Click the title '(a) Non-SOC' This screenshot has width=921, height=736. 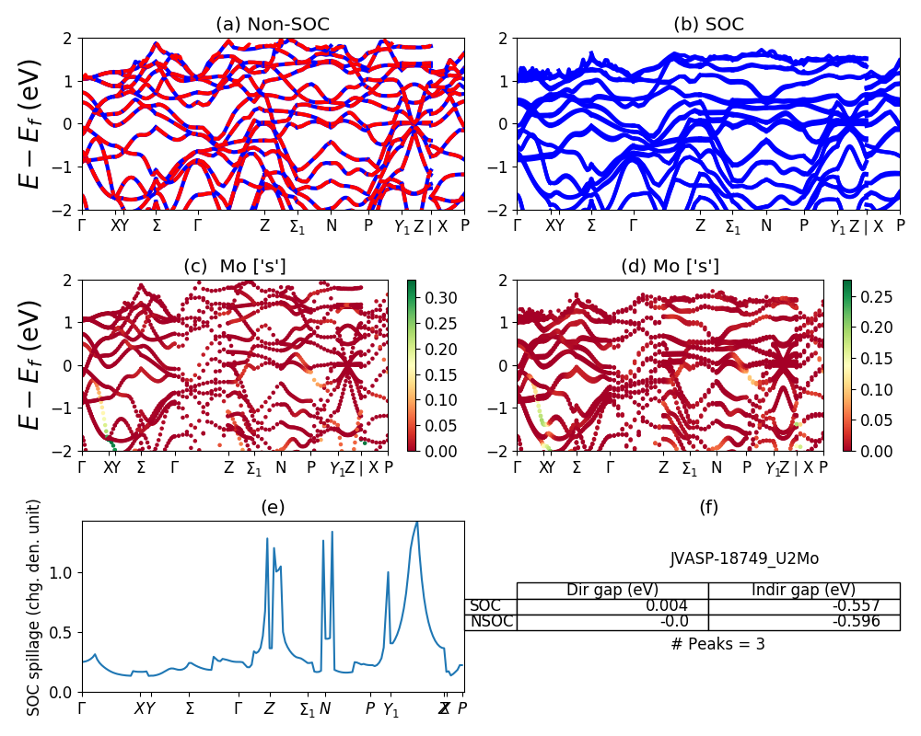273,25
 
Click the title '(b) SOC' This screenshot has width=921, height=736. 709,25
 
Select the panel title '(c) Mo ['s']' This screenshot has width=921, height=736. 235,266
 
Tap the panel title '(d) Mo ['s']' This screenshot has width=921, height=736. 670,266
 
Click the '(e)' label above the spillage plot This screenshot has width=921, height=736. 273,507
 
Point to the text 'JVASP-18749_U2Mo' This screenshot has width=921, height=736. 744,558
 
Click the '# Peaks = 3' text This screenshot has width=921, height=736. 718,644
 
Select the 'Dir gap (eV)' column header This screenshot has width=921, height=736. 612,591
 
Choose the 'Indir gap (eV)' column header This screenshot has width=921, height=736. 803,591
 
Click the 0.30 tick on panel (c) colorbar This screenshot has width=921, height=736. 433,298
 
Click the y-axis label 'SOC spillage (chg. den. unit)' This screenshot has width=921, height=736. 34,607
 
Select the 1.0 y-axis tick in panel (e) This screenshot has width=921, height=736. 64,572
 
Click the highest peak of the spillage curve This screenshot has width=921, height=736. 417,522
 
